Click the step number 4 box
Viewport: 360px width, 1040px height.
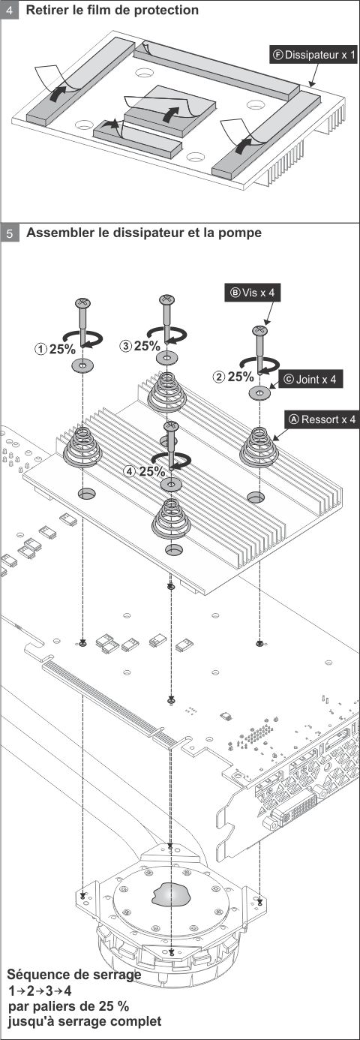tap(9, 11)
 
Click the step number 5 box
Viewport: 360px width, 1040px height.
tap(9, 233)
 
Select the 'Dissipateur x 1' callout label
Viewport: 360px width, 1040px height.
tap(314, 56)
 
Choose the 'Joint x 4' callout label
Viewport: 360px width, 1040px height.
tap(310, 380)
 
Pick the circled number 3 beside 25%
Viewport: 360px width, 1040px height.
tap(126, 346)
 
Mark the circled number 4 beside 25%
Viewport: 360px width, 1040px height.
tap(130, 472)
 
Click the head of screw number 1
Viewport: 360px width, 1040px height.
tap(82, 302)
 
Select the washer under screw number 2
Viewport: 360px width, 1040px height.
tap(259, 392)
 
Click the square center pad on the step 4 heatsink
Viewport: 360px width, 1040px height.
tap(170, 110)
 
